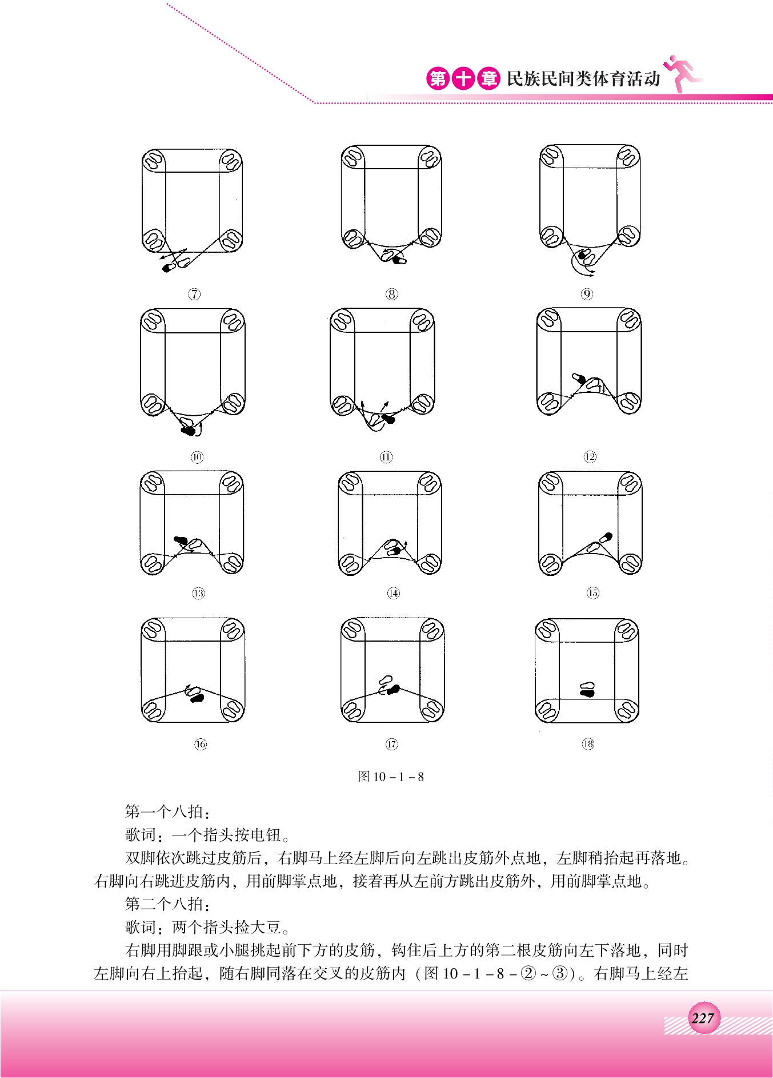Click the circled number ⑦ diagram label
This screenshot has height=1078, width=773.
194,294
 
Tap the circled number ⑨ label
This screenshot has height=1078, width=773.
587,294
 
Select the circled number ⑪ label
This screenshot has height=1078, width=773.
386,457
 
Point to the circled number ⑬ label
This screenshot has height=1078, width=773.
198,593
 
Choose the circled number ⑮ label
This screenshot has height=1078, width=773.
593,592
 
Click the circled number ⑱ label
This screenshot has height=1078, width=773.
588,743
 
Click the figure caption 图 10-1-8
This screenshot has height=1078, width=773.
391,776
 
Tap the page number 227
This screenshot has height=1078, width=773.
703,1018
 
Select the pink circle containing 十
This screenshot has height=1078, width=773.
463,78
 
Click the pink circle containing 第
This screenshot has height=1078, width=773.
438,78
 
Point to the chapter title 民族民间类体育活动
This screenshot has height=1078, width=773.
583,78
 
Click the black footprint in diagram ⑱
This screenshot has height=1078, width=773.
587,693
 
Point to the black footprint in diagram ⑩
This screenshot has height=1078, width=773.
187,431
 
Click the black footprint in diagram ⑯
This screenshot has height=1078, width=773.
197,698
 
